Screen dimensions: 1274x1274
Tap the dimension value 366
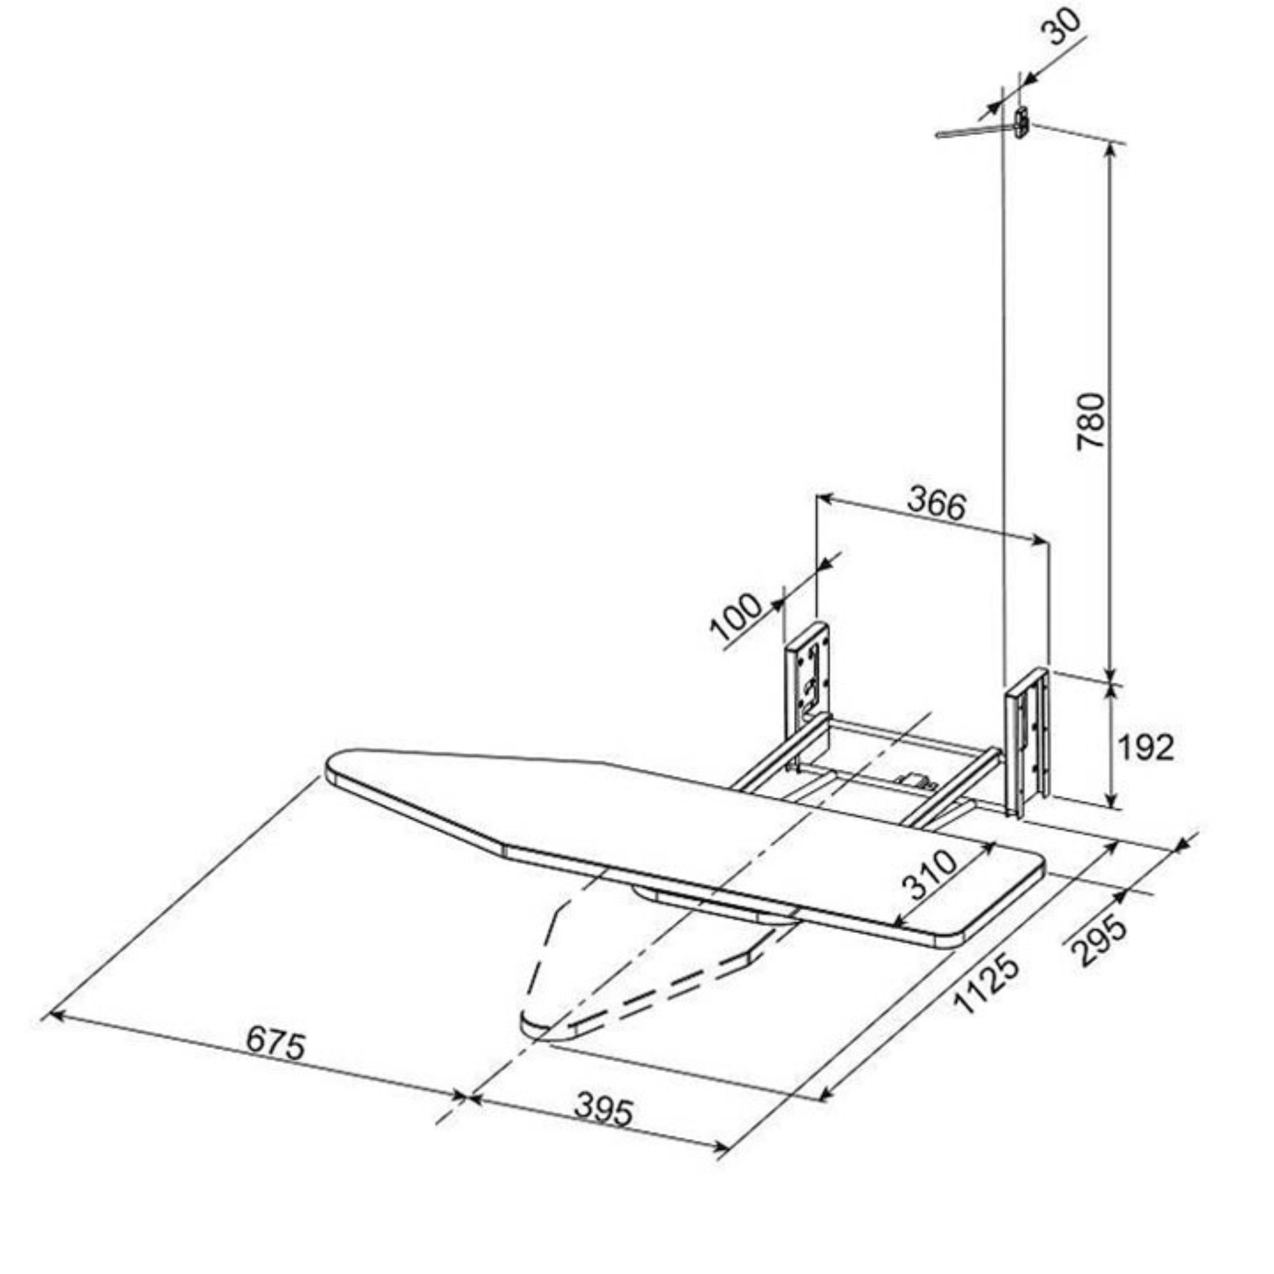[936, 505]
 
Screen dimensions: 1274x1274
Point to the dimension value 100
[736, 618]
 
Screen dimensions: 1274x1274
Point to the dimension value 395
[604, 1110]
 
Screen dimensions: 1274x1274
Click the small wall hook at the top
[1021, 121]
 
